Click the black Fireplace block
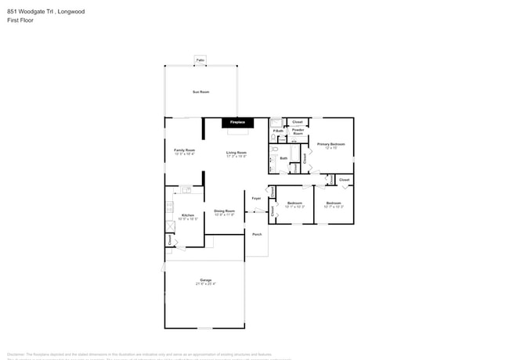pos(237,123)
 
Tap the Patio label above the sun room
pos(200,60)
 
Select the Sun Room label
pos(200,92)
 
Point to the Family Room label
pos(184,150)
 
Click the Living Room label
pos(236,153)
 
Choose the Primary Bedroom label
pos(330,145)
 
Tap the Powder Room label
pos(298,131)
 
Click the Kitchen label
pos(188,215)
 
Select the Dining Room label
pos(226,211)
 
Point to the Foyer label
pos(256,198)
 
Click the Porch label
pos(256,234)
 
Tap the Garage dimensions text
pos(205,283)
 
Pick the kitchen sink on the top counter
pos(186,189)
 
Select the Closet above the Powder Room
pos(297,122)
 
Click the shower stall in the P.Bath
pos(276,122)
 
